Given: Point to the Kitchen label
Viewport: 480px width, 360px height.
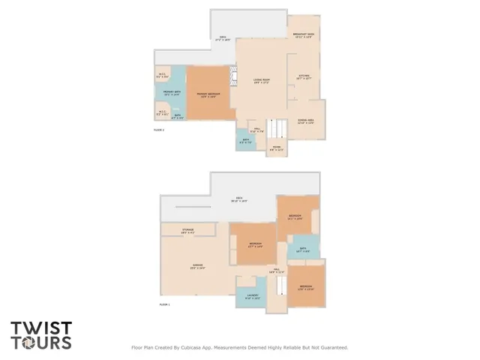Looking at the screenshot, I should click(304, 76).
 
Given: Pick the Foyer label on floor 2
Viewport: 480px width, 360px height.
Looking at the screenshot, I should click(277, 148).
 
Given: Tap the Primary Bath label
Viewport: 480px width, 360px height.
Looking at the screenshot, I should click(172, 94).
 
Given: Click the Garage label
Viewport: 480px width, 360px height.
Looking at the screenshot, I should click(197, 266).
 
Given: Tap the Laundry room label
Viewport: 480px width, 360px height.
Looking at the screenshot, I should click(252, 296).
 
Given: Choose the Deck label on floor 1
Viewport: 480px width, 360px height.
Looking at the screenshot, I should click(240, 199).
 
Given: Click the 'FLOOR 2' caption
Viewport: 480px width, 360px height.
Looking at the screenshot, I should click(158, 130).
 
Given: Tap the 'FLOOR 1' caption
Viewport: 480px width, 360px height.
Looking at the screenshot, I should click(164, 304).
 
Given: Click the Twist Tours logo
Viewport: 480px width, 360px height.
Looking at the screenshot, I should click(41, 335).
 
